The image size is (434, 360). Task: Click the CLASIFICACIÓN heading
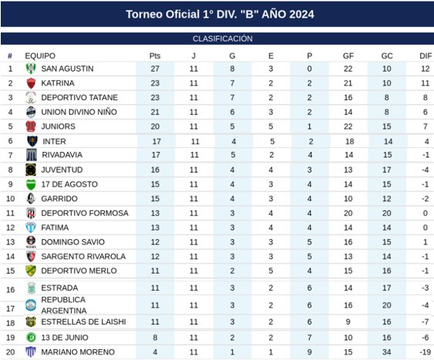pos(223,39)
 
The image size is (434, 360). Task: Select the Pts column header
pos(155,56)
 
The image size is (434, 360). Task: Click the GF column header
pos(348,56)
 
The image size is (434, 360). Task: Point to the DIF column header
pos(426,56)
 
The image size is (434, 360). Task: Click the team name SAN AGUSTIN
pos(67,69)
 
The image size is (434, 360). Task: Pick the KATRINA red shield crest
pos(31,83)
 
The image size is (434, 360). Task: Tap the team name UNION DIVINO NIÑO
pos(79,112)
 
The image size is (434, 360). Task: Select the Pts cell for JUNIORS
pos(155,126)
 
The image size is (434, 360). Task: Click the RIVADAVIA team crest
pos(32,155)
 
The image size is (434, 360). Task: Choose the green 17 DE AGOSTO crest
pos(31,184)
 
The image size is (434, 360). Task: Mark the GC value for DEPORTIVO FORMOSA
pos(387,213)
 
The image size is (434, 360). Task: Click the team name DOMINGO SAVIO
pos(72,242)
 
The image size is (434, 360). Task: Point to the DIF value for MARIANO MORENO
pos(426,352)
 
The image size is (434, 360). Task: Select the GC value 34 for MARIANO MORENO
pos(387,352)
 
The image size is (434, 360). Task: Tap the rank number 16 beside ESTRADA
pos(11,290)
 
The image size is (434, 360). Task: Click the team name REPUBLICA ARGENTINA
pos(64,305)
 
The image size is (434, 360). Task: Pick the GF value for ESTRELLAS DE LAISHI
pos(348,321)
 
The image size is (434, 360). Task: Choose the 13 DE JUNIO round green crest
pos(31,338)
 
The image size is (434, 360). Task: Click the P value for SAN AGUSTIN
pos(309,69)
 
